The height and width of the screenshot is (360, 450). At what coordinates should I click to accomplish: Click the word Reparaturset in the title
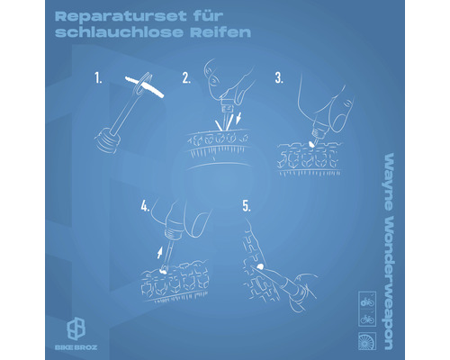(121, 16)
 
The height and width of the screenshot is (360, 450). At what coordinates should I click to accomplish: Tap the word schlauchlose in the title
(119, 32)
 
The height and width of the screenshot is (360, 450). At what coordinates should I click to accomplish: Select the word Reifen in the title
(220, 32)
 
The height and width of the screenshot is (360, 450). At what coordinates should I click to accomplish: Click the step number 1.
(98, 78)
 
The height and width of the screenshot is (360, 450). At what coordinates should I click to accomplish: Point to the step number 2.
(186, 78)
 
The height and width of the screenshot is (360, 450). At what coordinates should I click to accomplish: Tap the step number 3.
(279, 78)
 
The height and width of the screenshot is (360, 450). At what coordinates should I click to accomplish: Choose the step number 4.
(145, 206)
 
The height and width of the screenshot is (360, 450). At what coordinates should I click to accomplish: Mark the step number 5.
(247, 206)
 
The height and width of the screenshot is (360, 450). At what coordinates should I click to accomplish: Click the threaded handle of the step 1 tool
(108, 140)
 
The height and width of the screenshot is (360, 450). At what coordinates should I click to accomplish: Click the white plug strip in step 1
(144, 87)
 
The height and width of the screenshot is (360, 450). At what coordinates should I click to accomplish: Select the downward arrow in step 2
(238, 118)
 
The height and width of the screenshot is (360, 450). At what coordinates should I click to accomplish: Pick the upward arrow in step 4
(160, 253)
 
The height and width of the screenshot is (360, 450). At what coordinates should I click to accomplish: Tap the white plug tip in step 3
(311, 144)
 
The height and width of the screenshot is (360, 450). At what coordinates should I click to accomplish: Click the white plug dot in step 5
(260, 265)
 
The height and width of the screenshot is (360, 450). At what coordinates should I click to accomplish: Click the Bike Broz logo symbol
(76, 328)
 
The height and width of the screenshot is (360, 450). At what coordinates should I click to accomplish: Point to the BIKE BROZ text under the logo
(76, 347)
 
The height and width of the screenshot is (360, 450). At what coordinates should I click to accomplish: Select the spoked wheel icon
(367, 341)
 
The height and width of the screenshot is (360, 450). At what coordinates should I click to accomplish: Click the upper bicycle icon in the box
(367, 302)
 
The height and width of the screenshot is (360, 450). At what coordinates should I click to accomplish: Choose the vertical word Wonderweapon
(389, 283)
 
